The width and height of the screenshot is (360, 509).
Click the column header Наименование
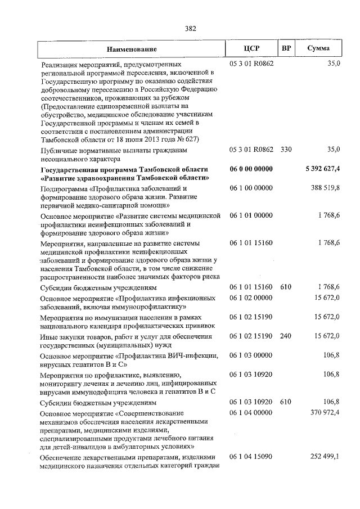click(x=132, y=49)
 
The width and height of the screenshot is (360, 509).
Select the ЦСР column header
click(x=251, y=49)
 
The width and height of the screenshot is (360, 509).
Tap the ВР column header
click(x=286, y=49)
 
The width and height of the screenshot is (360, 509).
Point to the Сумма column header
click(x=319, y=49)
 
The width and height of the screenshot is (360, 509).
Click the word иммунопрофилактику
click(x=147, y=307)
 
